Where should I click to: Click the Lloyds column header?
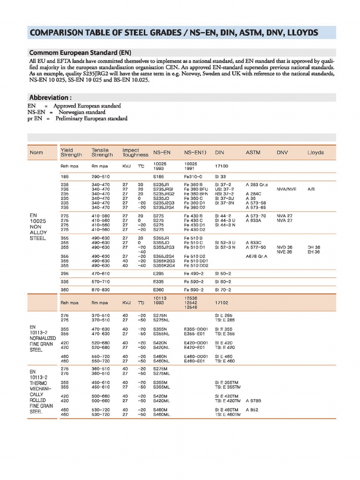tap(315, 153)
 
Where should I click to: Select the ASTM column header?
tap(254, 153)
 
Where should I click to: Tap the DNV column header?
tap(282, 153)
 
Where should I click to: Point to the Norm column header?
tap(36, 153)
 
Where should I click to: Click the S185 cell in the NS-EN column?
tap(160, 177)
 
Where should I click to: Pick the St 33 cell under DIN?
tap(220, 177)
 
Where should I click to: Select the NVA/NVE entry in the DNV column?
tap(286, 189)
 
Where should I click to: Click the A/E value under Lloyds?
tap(311, 189)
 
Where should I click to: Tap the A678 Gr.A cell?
tap(256, 256)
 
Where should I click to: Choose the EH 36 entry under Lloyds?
tap(314, 252)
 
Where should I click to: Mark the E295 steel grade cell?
tap(159, 273)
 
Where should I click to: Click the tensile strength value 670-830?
tap(101, 290)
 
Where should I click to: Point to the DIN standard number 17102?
tap(221, 303)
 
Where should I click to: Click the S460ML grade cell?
tap(162, 414)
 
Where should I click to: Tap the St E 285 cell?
tap(224, 315)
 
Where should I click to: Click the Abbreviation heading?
tap(50, 98)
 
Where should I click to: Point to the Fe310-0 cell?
tap(193, 177)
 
